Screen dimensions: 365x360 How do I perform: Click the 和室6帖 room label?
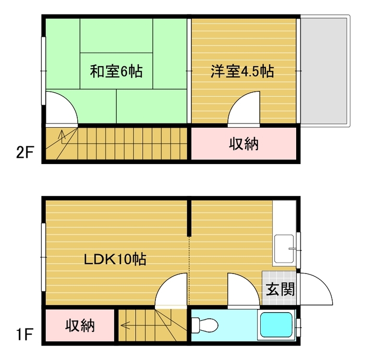[116, 71]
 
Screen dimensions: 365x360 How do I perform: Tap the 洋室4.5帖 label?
[242, 71]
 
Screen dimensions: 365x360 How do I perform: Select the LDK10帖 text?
[115, 259]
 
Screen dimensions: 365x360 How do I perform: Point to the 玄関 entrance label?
[281, 289]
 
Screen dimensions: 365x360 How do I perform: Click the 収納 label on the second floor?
[244, 144]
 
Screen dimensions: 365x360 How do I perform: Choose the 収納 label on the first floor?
[80, 325]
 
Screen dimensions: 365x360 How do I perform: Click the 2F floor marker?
[25, 152]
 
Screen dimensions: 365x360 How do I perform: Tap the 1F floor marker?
[25, 334]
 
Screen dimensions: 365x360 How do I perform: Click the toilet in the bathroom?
[204, 324]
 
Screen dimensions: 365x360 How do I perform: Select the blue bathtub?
[276, 325]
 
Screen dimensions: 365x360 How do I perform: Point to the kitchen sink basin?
[284, 249]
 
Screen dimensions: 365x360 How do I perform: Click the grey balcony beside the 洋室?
[325, 71]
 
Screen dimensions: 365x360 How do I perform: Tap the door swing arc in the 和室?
[67, 101]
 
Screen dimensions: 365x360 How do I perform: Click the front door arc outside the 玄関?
[323, 282]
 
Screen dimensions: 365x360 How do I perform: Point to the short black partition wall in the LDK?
[189, 217]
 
